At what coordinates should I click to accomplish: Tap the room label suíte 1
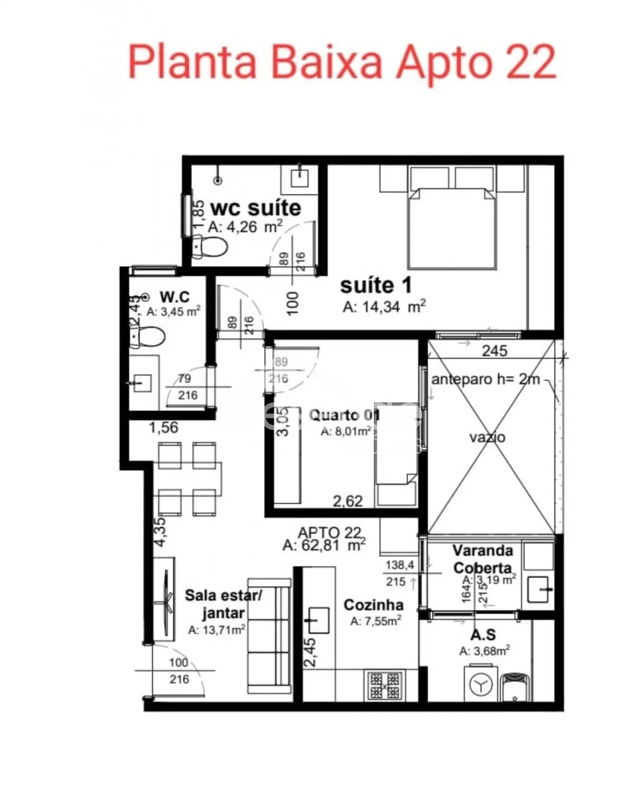[376, 286]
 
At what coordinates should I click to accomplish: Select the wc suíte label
[256, 208]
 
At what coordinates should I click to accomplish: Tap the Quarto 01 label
[344, 415]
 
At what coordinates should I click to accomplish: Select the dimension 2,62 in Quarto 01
[348, 501]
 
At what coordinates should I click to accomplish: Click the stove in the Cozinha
[385, 686]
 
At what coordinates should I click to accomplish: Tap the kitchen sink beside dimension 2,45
[318, 620]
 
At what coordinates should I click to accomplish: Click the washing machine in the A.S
[480, 685]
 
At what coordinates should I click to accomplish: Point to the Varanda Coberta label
[483, 559]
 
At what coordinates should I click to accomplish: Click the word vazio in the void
[487, 437]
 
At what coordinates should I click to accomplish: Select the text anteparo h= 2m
[486, 379]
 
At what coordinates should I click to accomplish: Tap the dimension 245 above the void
[494, 351]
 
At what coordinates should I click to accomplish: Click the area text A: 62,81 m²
[324, 546]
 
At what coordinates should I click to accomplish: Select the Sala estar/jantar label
[223, 604]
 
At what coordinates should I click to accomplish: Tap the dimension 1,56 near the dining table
[163, 427]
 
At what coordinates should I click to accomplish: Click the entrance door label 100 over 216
[179, 671]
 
